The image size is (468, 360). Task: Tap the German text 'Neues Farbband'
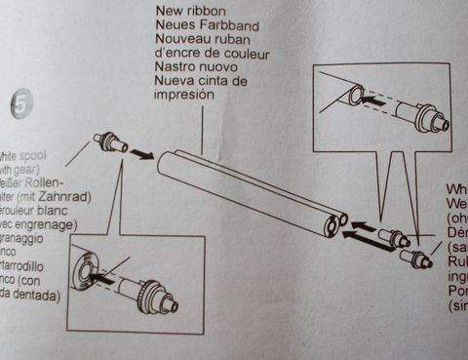(203, 26)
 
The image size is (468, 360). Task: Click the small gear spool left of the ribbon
(110, 142)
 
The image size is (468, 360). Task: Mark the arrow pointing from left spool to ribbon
(142, 153)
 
